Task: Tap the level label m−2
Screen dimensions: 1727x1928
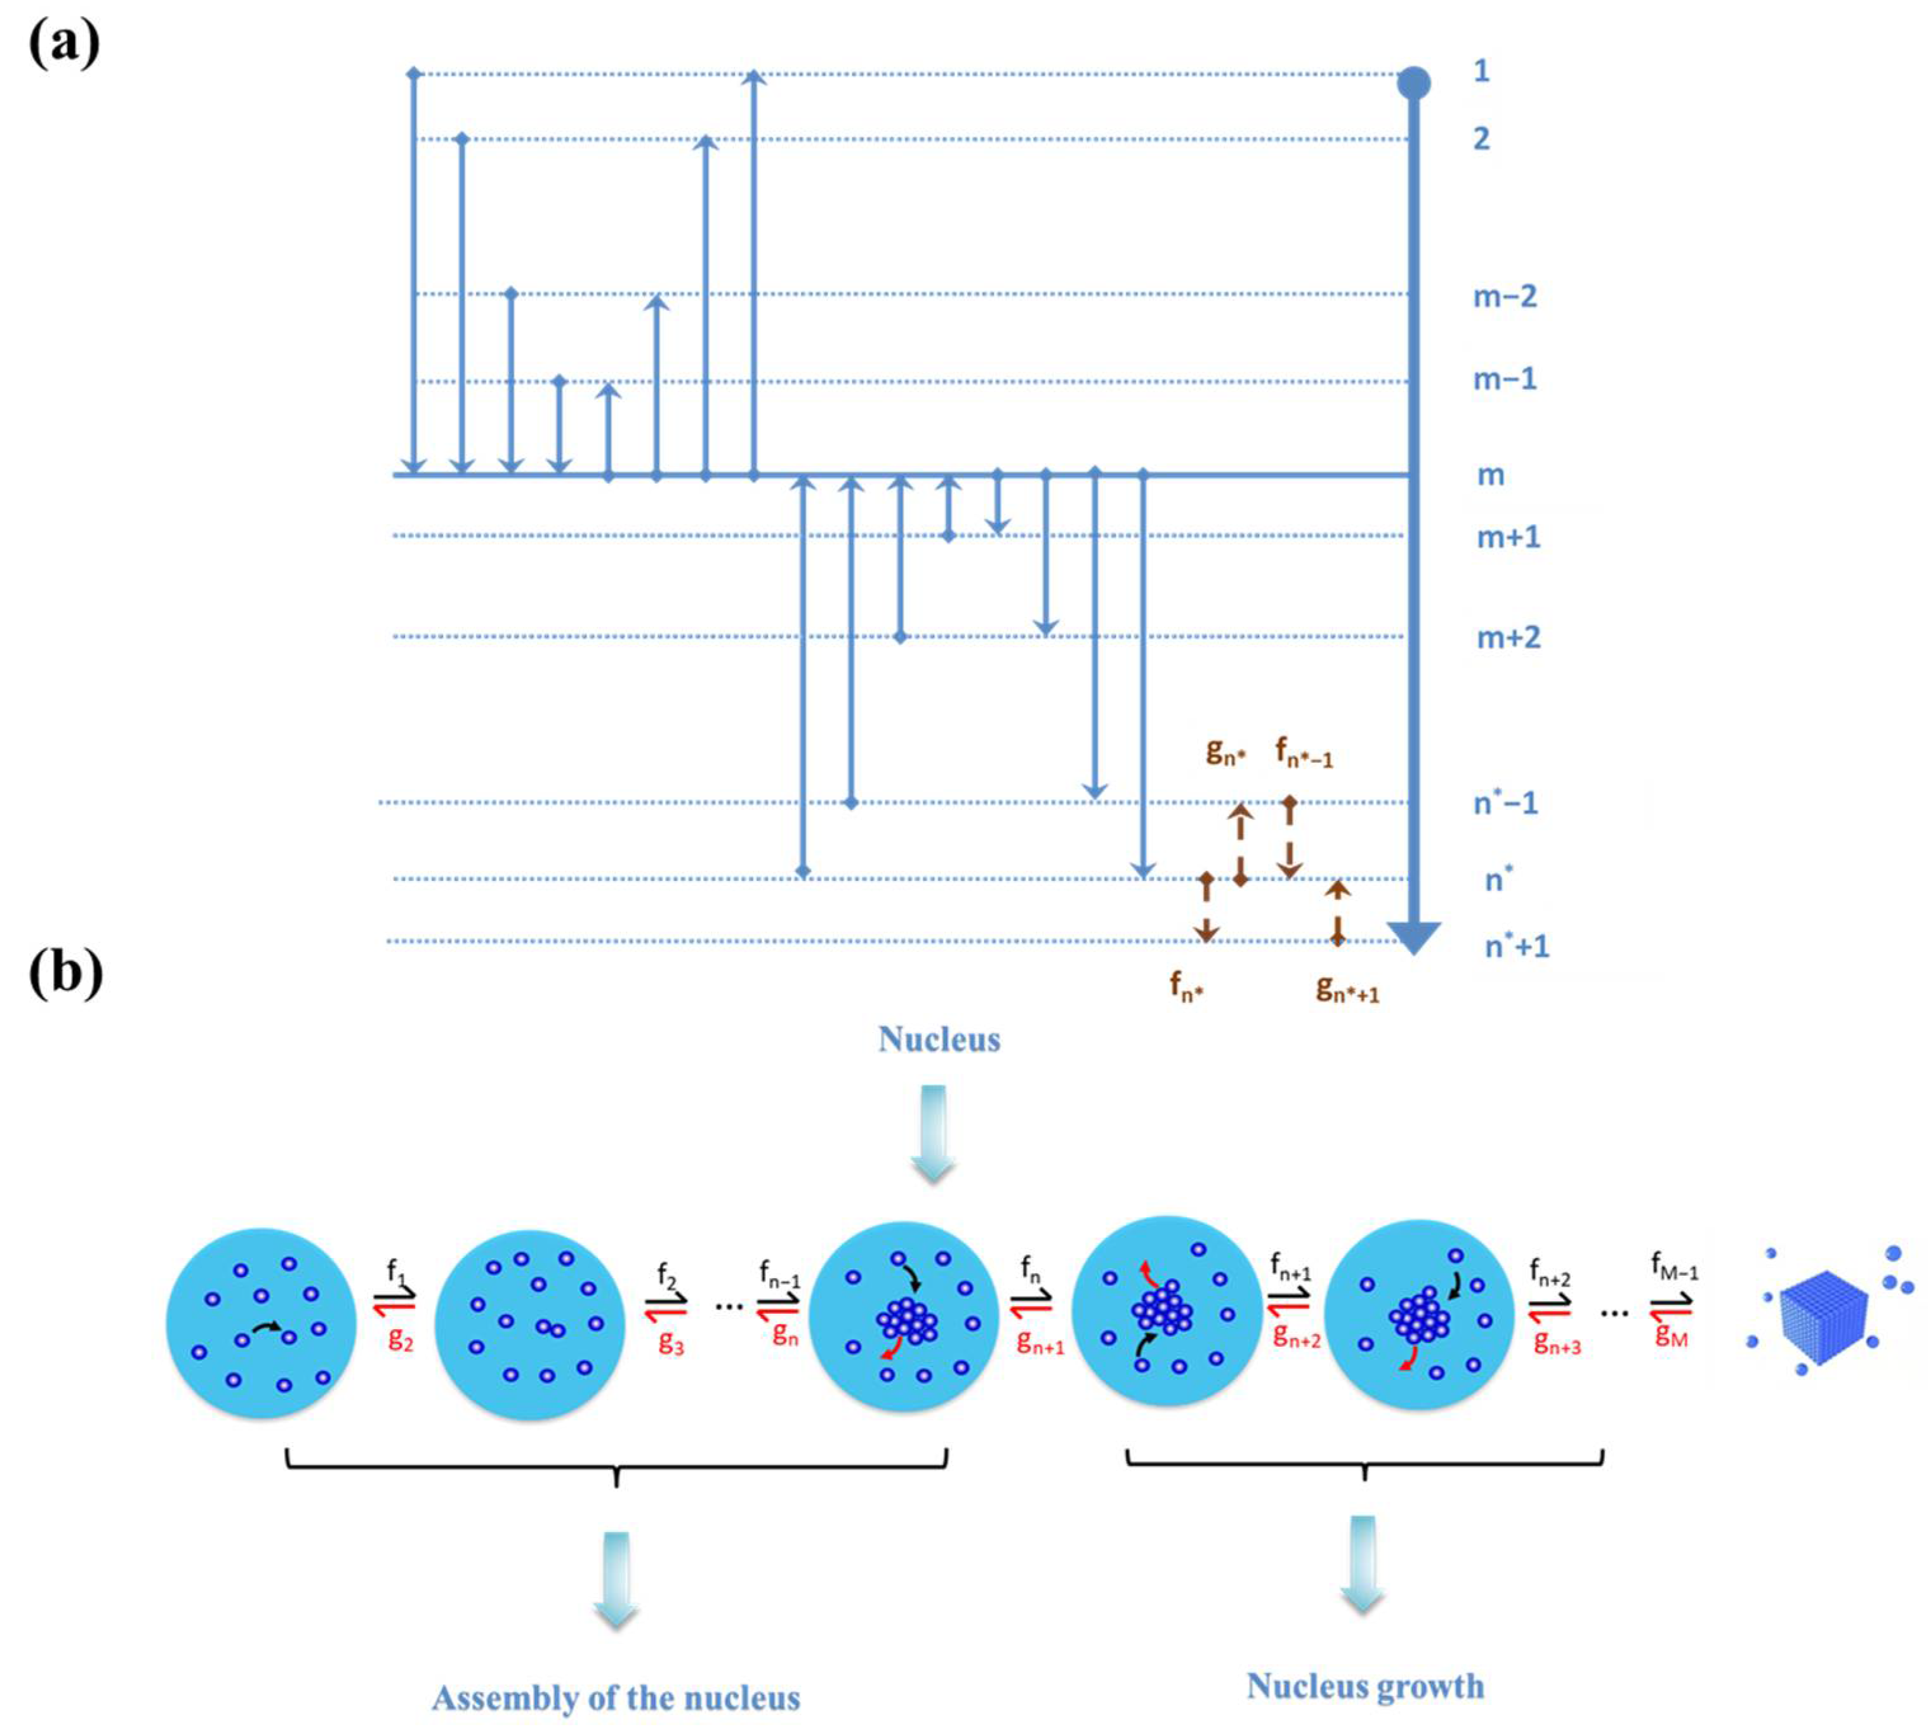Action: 1504,297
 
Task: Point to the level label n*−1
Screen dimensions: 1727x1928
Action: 1505,804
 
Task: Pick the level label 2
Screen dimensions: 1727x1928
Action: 1481,140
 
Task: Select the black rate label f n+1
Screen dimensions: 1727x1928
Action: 1290,1267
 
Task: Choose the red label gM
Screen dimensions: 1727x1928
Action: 1671,1336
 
